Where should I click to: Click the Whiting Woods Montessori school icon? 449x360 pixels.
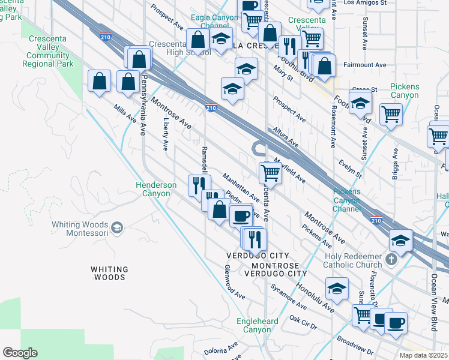click(x=117, y=227)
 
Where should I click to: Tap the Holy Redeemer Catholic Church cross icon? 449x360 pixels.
click(x=391, y=260)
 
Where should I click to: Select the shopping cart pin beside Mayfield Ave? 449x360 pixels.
click(x=270, y=173)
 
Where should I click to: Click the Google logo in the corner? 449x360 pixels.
click(x=20, y=353)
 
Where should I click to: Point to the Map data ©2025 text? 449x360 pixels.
click(x=423, y=355)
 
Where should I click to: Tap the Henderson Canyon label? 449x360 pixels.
click(x=156, y=189)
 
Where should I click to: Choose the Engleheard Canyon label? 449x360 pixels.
click(x=257, y=325)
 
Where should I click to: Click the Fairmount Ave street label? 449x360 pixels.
click(x=364, y=65)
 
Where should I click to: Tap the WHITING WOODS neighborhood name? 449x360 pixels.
click(x=110, y=273)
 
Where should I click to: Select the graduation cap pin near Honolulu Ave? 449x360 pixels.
click(x=337, y=289)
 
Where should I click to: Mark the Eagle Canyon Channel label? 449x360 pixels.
click(x=214, y=22)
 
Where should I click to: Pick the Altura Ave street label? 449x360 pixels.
click(x=285, y=137)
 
